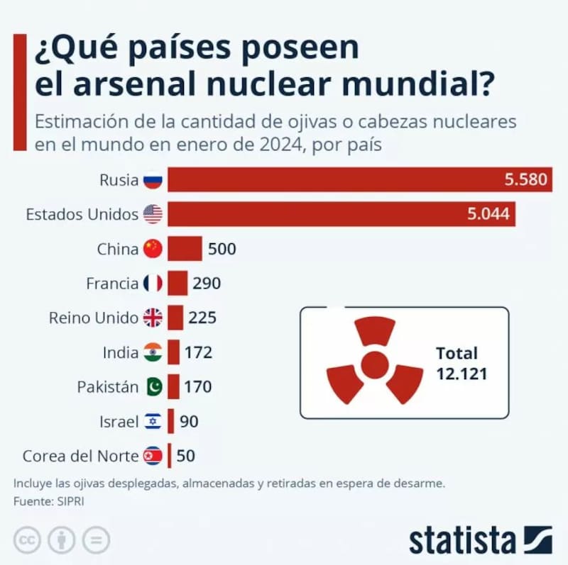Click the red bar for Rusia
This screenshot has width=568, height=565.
pyautogui.click(x=334, y=180)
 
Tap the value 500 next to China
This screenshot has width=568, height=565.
pyautogui.click(x=222, y=249)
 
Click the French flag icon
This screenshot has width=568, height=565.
pyautogui.click(x=153, y=284)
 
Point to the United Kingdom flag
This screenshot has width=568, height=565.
pyautogui.click(x=153, y=318)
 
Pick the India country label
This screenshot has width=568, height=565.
pyautogui.click(x=120, y=352)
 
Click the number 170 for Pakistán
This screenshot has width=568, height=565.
pyautogui.click(x=198, y=387)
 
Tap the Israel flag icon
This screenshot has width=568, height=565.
pyautogui.click(x=153, y=422)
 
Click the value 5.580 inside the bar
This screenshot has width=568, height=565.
pyautogui.click(x=525, y=180)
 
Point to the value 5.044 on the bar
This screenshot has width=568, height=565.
pyautogui.click(x=488, y=214)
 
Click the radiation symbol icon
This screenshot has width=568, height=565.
pyautogui.click(x=374, y=362)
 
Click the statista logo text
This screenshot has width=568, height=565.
pyautogui.click(x=461, y=540)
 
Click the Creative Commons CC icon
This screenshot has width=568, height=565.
pyautogui.click(x=28, y=540)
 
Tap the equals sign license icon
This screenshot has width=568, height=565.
pyautogui.click(x=96, y=540)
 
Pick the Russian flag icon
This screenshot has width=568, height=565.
pyautogui.click(x=153, y=180)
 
